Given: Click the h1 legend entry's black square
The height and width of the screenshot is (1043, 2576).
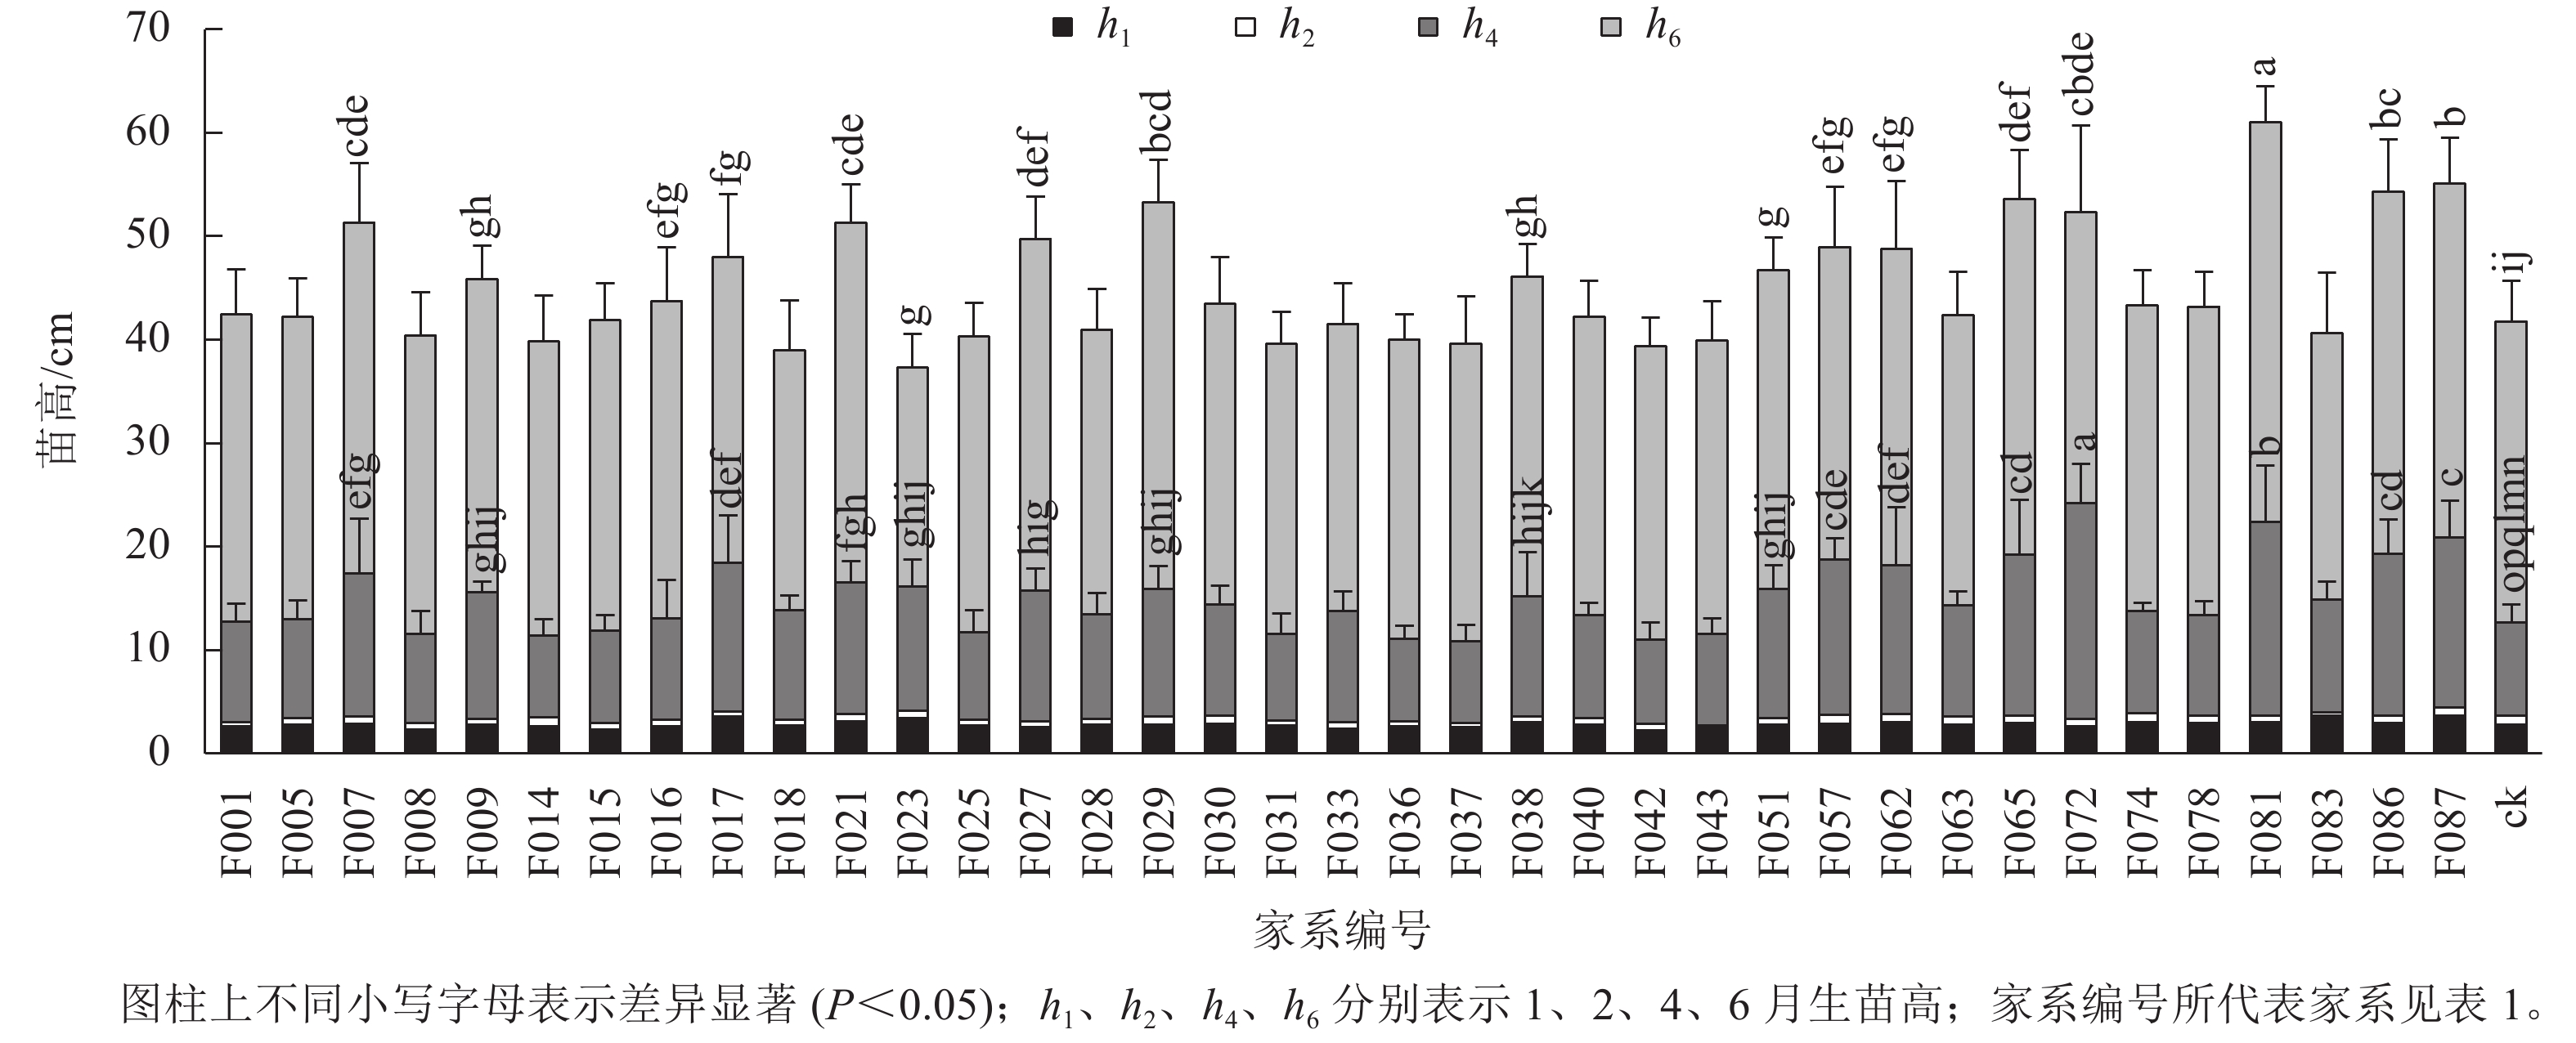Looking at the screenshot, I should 1063,27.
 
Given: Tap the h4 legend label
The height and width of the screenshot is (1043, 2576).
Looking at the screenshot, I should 1480,28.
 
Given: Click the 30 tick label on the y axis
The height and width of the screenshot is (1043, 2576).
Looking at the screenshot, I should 147,442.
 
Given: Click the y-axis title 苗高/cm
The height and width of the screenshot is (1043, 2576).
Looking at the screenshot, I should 56,390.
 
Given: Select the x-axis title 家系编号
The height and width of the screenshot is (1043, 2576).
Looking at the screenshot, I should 1341,930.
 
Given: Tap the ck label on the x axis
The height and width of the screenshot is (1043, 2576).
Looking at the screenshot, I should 2512,807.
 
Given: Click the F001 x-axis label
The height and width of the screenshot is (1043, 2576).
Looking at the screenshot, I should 236,831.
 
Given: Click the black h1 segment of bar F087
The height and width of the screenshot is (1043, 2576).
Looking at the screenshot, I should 2449,734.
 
